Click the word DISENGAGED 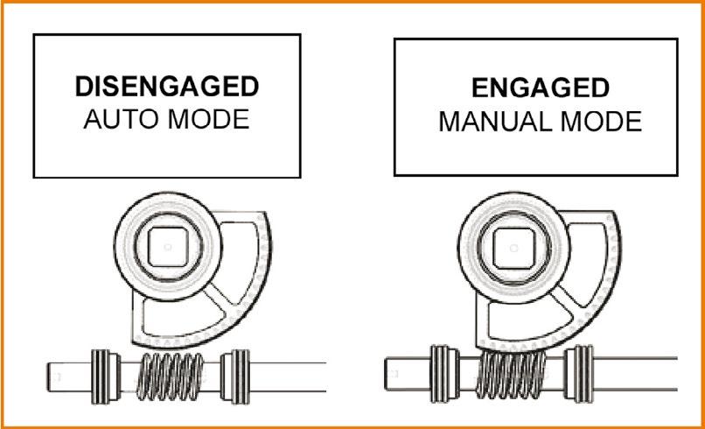click(x=166, y=87)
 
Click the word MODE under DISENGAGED click(x=207, y=119)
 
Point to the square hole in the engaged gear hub click(x=511, y=248)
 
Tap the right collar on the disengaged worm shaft click(x=234, y=375)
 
